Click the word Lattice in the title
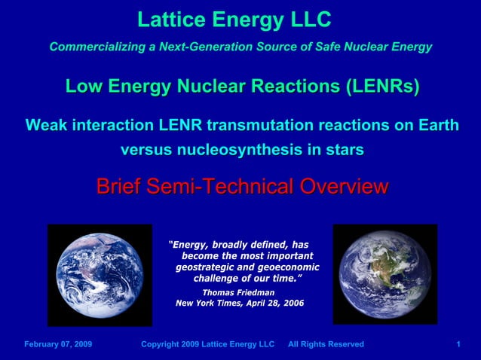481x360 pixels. [x=167, y=20]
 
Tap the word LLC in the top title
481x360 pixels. [x=308, y=20]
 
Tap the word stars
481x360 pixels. [x=344, y=149]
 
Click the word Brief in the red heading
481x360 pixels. [x=119, y=186]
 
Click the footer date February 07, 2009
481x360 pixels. [x=58, y=344]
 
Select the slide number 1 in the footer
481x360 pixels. [x=458, y=344]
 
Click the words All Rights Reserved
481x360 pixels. [x=326, y=344]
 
